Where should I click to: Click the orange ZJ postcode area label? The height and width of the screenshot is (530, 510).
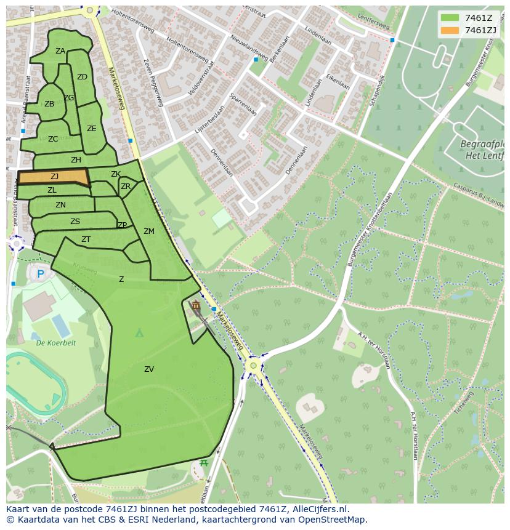pyautogui.click(x=54, y=177)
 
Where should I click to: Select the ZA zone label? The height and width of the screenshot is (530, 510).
pyautogui.click(x=60, y=51)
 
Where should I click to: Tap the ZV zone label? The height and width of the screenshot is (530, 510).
pyautogui.click(x=149, y=369)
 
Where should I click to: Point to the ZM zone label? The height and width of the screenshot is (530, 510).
pyautogui.click(x=149, y=231)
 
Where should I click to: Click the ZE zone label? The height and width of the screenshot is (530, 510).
pyautogui.click(x=92, y=129)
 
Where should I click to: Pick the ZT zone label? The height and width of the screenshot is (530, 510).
pyautogui.click(x=86, y=239)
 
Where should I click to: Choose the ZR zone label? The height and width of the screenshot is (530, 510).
pyautogui.click(x=126, y=187)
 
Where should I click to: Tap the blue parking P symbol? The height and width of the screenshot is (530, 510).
pyautogui.click(x=41, y=274)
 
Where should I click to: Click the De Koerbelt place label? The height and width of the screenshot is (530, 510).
pyautogui.click(x=55, y=343)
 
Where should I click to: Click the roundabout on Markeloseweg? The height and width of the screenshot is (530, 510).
pyautogui.click(x=252, y=366)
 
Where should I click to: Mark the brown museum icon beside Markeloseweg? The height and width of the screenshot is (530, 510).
pyautogui.click(x=196, y=305)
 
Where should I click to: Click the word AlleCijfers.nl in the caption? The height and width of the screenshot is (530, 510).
pyautogui.click(x=318, y=509)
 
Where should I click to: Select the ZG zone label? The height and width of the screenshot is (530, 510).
pyautogui.click(x=69, y=98)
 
